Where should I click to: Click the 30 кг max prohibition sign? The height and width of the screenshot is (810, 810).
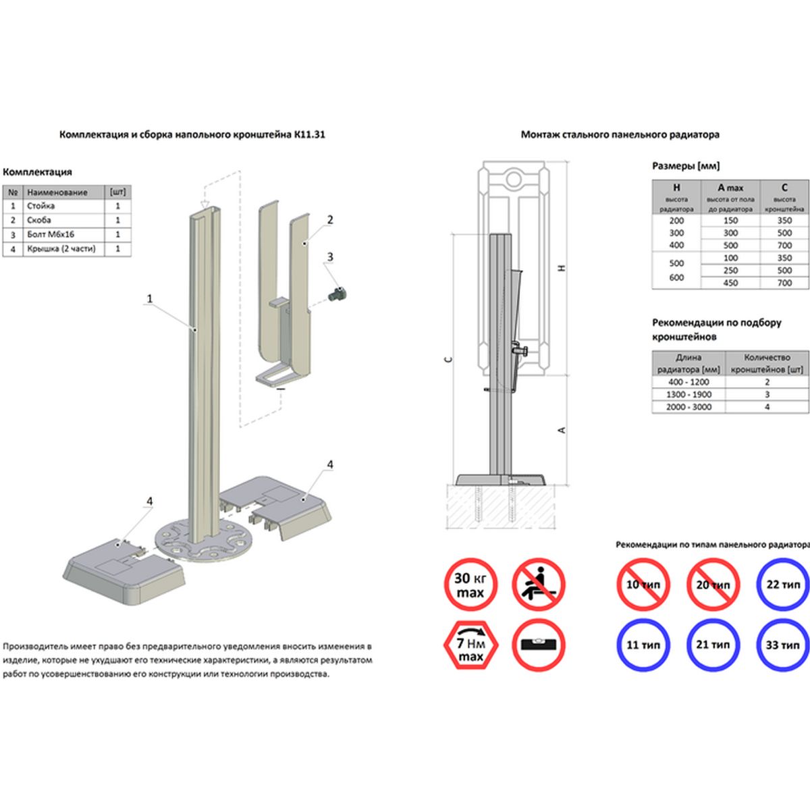pos(470,585)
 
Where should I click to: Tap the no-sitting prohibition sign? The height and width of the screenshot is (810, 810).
pos(538,585)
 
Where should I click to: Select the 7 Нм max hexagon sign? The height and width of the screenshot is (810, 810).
pos(470,645)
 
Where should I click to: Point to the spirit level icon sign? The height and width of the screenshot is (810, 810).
pos(538,645)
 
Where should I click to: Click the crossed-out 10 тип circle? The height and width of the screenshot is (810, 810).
pos(643,585)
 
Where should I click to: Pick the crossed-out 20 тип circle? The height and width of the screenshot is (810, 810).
pos(713,585)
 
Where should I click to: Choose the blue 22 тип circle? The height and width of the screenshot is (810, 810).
pos(782,585)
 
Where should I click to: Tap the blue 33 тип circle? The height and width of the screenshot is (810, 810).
pos(782,645)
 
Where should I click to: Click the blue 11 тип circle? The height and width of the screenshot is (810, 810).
pos(643,645)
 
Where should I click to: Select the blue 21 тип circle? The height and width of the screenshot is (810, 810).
pos(713,645)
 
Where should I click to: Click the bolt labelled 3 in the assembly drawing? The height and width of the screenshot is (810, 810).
pos(337,294)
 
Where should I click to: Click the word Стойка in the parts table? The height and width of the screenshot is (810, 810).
pos(41,206)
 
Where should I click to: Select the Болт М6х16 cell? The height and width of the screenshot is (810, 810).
pos(51,234)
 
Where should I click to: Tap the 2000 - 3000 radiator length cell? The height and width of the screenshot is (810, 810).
pos(688,407)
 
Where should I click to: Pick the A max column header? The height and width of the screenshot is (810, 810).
pos(730,188)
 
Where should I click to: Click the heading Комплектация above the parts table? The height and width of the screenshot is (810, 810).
pos(38,172)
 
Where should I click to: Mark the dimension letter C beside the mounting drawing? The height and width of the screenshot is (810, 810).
pos(448,360)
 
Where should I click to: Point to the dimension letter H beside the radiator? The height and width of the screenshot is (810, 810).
pos(562,268)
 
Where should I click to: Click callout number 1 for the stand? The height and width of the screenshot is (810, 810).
pos(150,298)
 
